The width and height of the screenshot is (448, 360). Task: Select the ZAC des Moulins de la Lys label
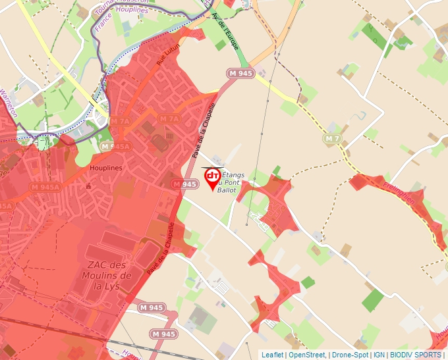tap(108, 275)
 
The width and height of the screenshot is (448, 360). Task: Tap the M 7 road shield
tap(332, 138)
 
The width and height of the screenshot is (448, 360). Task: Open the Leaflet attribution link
tap(272, 355)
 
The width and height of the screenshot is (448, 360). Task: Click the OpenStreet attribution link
tap(307, 355)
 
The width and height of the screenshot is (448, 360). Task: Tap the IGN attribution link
tap(379, 355)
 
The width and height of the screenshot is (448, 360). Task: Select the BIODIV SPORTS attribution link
tap(416, 355)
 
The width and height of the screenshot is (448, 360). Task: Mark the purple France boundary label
tap(101, 24)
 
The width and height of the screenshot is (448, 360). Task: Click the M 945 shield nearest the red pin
tap(185, 184)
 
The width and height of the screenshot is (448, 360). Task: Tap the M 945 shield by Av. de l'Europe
tap(240, 73)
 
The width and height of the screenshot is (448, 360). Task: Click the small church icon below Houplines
tap(88, 186)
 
